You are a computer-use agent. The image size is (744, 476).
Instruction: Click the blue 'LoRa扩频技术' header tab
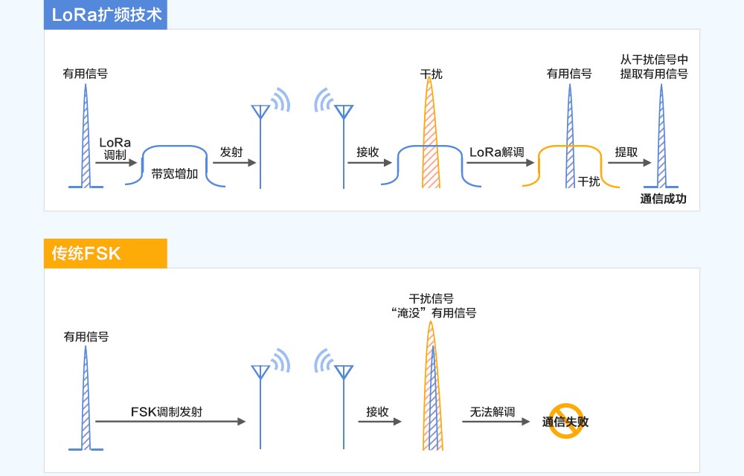click(x=105, y=15)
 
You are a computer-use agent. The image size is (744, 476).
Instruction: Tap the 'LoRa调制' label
click(x=115, y=148)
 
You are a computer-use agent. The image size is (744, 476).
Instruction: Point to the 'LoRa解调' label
click(x=496, y=152)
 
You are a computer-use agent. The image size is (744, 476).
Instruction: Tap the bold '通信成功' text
click(x=663, y=199)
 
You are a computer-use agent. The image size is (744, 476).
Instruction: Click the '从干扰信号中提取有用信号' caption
click(x=654, y=66)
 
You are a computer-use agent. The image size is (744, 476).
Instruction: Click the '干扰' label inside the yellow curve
click(x=589, y=181)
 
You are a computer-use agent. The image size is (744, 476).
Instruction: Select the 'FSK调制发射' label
click(x=166, y=411)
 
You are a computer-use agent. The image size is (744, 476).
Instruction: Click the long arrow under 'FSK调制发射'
click(x=171, y=422)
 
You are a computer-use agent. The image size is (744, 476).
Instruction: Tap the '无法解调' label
click(x=493, y=411)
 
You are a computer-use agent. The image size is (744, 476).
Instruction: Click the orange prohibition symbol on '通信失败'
click(x=565, y=420)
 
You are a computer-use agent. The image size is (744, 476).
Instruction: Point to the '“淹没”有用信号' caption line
click(x=432, y=313)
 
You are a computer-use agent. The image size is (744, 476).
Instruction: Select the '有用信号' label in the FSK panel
click(x=86, y=337)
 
